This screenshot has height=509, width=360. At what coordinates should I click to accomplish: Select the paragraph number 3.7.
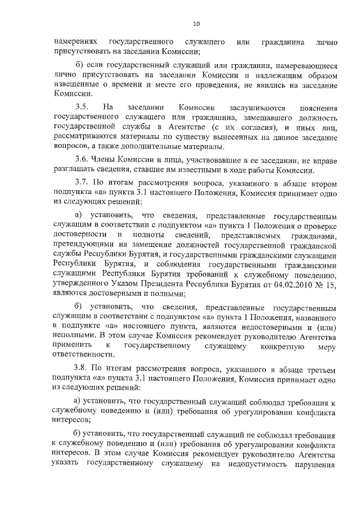(x=82, y=184)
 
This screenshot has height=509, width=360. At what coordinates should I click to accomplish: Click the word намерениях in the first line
(x=76, y=42)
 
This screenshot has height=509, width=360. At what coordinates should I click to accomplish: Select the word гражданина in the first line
(x=283, y=42)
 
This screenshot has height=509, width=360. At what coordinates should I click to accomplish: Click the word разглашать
(x=75, y=170)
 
